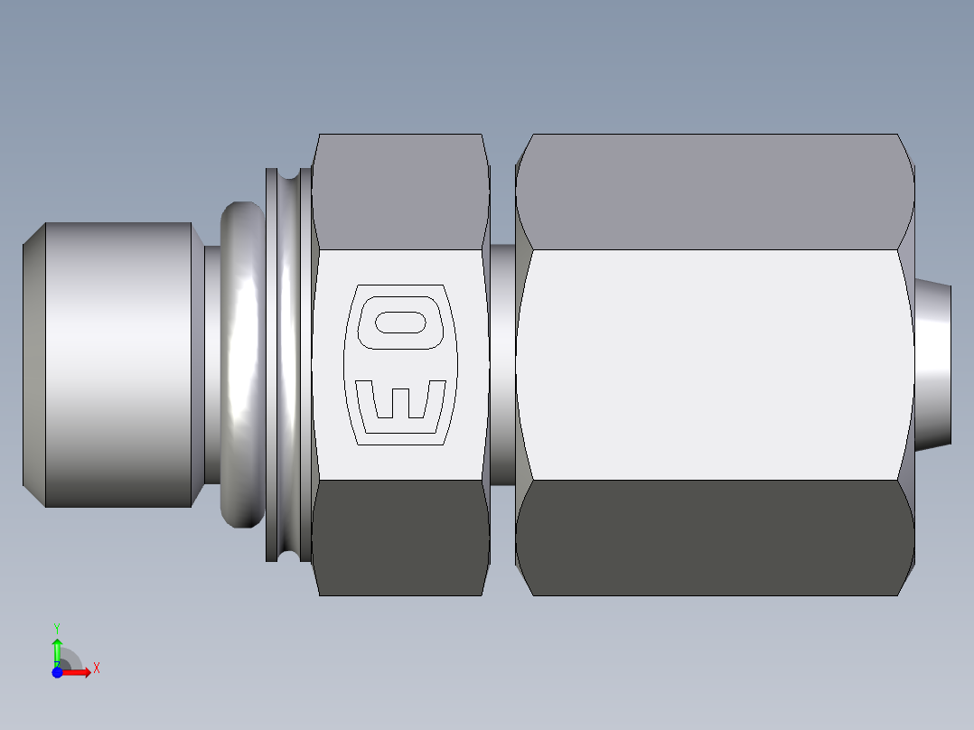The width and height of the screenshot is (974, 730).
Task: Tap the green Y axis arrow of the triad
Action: pos(57,647)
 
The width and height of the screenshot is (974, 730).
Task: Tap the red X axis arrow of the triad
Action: pos(80,672)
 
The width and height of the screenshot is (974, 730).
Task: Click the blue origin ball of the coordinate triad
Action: pos(57,672)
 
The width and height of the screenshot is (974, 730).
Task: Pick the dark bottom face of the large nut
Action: pos(714,538)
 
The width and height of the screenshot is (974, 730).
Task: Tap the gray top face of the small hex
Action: pos(400,192)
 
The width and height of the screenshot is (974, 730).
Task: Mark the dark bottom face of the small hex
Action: pos(400,538)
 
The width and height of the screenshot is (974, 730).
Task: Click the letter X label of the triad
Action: pos(97,669)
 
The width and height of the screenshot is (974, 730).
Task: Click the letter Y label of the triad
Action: pos(56,626)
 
